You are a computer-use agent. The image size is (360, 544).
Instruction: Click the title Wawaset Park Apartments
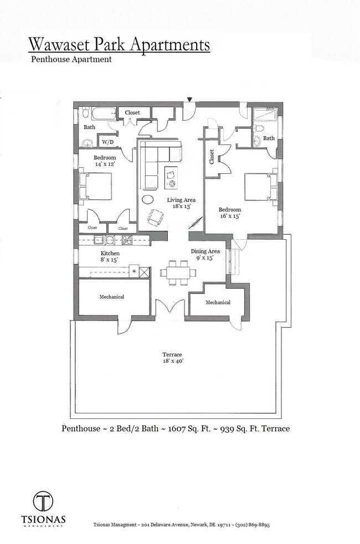click(119, 44)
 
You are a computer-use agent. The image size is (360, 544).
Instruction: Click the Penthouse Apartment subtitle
click(71, 59)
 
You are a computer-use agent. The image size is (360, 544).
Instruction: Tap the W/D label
click(107, 142)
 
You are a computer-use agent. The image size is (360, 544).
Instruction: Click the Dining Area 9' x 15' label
click(205, 254)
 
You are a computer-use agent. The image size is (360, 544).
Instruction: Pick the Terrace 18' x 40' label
click(172, 358)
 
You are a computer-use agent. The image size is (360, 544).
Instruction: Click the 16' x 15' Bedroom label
click(229, 213)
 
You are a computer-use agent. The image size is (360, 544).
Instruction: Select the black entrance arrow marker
click(189, 100)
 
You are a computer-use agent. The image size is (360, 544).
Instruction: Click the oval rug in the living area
click(149, 199)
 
